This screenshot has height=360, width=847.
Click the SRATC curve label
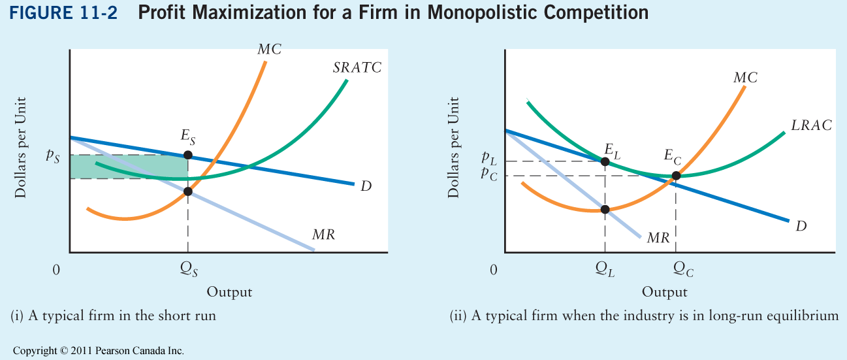357,67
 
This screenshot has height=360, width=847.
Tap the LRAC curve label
812,125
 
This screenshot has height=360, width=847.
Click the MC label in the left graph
269,49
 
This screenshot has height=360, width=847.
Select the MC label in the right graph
745,78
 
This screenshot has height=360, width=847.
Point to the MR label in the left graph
323,235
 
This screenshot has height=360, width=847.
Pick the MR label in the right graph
658,238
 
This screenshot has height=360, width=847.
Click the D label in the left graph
366,186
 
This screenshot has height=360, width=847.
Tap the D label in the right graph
801,227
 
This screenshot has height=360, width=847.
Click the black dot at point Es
188,155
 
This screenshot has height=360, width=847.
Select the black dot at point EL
605,161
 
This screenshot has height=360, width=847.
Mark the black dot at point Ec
676,175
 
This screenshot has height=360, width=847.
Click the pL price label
488,158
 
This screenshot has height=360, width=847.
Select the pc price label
488,173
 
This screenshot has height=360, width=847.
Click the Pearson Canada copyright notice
98,351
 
